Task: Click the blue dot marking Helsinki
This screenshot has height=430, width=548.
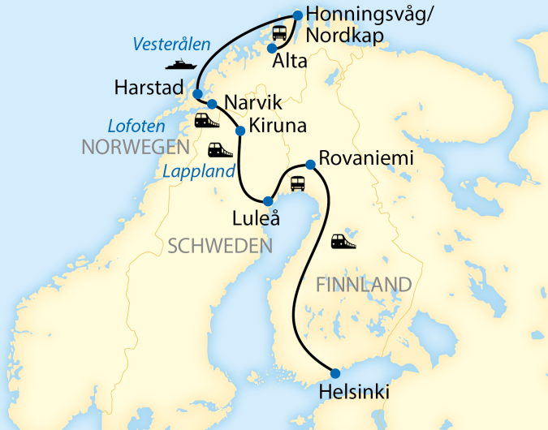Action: (335, 373)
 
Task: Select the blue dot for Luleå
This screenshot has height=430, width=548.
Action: (268, 200)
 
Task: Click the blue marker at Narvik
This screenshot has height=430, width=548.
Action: (212, 104)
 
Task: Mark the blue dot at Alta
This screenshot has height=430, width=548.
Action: (272, 49)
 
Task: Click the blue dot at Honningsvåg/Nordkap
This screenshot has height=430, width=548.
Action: (297, 15)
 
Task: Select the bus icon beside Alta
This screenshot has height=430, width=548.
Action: (279, 33)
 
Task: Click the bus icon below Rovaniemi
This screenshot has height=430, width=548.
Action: (298, 184)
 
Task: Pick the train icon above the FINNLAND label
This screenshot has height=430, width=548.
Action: (343, 241)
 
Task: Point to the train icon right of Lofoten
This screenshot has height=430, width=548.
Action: (206, 121)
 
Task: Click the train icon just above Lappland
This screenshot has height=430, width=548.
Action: (220, 149)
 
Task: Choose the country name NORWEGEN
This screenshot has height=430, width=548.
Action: (134, 148)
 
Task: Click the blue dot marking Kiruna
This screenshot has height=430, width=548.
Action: (239, 131)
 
